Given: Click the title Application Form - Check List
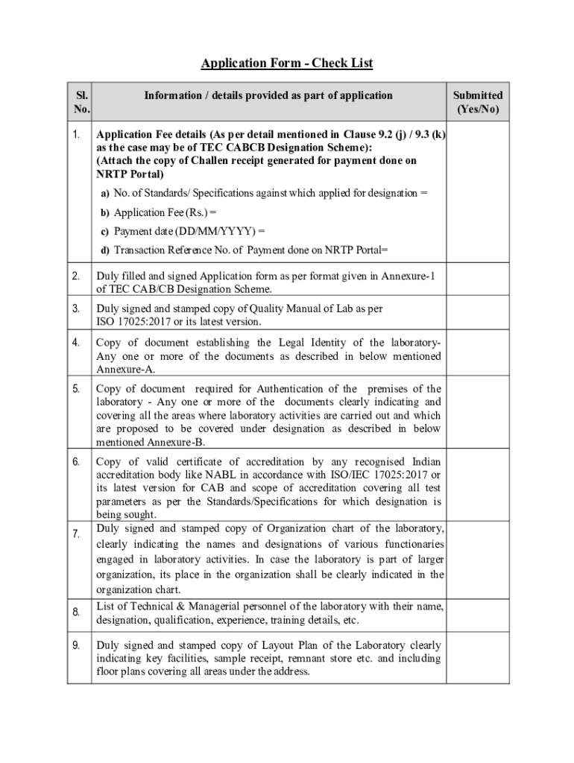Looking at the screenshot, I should pos(287,63).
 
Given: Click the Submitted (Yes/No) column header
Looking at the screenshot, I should pos(478,103).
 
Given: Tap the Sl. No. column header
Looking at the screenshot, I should pos(80,103).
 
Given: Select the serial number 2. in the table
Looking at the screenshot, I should pos(76,277).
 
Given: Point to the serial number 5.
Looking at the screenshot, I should pos(76,388).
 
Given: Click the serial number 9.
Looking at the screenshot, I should pos(76,645).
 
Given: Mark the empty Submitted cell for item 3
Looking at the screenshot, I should pos(478,315).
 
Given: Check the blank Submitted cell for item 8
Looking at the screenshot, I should pos(478,612).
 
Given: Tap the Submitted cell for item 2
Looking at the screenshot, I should pos(478,283).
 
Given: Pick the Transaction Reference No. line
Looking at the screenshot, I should pos(245,250).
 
